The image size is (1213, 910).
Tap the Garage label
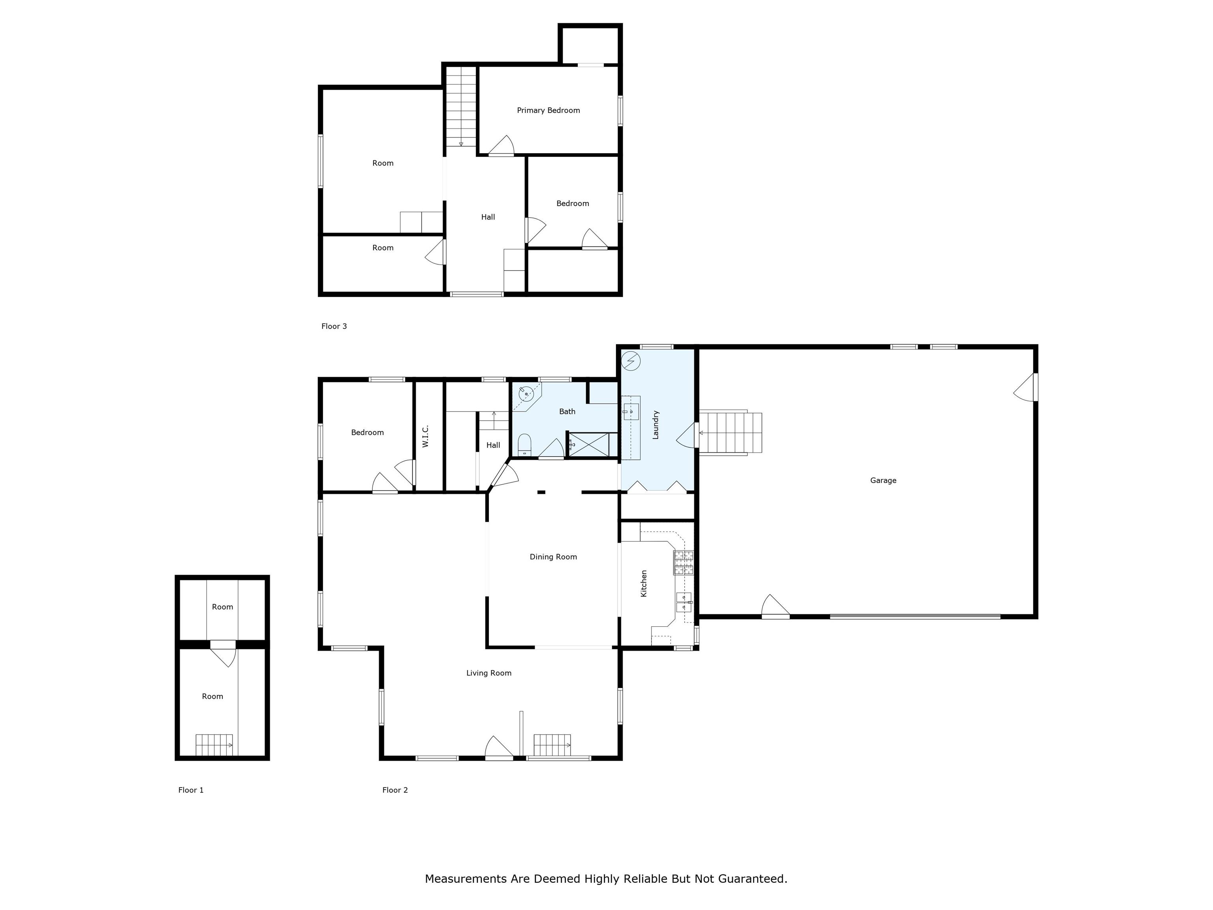click(883, 481)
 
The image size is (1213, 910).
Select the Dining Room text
click(553, 557)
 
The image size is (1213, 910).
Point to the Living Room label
click(488, 673)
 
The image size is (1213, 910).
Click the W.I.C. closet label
click(426, 436)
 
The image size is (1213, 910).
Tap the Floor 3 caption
click(334, 326)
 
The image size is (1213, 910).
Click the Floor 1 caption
click(191, 790)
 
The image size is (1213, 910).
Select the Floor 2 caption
click(395, 790)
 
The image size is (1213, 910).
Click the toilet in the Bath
click(524, 444)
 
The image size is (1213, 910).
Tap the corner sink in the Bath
click(526, 393)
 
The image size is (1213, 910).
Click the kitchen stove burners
click(683, 563)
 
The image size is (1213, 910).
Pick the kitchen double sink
click(684, 602)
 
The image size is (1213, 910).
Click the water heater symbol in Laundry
click(631, 361)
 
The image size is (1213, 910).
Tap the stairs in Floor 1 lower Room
click(214, 745)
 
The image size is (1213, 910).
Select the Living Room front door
click(498, 749)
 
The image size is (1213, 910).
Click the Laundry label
click(655, 425)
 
